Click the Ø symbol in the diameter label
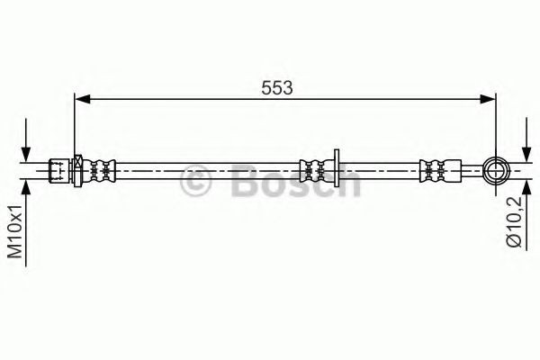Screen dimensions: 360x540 click(514, 241)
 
